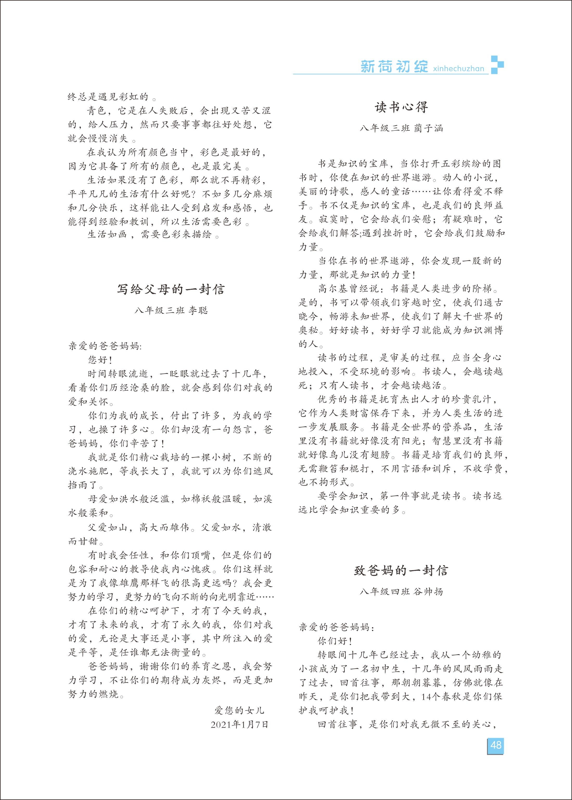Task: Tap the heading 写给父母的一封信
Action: coord(171,290)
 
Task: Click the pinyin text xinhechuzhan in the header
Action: coord(459,68)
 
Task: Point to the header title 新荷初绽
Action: coord(394,67)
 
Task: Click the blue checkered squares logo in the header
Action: coord(497,65)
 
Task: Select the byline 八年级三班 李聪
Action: coord(171,311)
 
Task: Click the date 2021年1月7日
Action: coord(240,725)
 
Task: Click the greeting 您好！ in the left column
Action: coord(100,360)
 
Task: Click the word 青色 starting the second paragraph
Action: coord(97,111)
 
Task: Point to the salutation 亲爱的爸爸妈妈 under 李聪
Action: coord(105,346)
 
